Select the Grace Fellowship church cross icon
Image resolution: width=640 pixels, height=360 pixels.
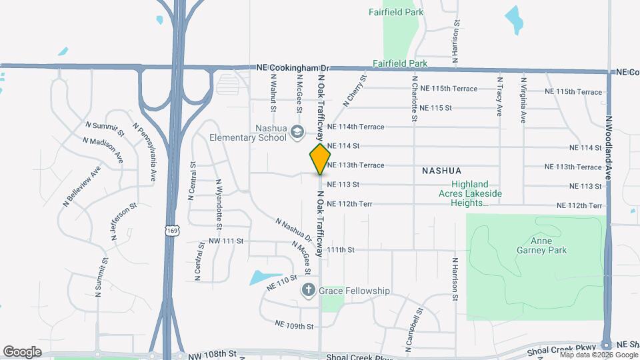[x=308, y=290]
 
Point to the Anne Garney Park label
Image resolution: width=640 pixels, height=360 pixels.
[x=541, y=246]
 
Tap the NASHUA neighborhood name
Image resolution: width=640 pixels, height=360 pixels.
[x=441, y=171]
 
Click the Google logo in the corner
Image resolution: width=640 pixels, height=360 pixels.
[x=22, y=351]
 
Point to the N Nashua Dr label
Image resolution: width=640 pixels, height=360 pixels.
[x=293, y=228]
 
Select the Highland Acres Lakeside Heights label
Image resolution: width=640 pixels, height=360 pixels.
[x=476, y=193]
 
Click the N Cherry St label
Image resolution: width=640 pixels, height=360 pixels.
[x=355, y=91]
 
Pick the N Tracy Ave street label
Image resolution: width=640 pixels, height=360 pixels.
[x=499, y=97]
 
